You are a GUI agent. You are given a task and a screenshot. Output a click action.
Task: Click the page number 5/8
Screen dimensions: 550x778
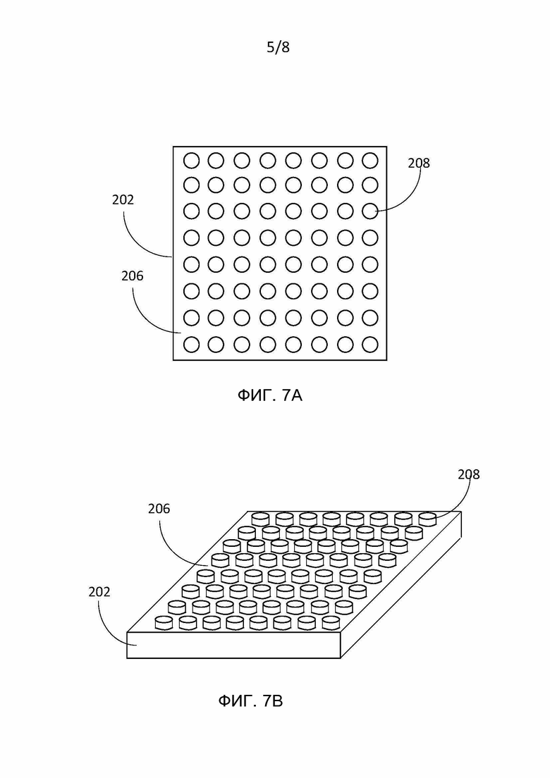[x=278, y=47]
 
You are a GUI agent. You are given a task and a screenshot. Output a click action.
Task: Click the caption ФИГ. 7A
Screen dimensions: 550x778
[x=270, y=395]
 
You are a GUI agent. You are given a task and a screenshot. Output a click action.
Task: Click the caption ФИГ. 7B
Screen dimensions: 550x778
[x=251, y=701]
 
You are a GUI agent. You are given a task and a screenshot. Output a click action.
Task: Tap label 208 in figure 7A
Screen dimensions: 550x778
[x=419, y=163]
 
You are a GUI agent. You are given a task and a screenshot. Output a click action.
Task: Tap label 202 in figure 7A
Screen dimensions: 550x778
[x=123, y=199]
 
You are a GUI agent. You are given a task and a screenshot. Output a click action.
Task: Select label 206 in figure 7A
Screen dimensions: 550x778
[x=133, y=276]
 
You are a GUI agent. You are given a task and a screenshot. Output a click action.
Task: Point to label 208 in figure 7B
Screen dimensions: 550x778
[x=469, y=474]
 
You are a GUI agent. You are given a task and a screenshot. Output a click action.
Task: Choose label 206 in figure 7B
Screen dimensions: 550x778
[x=159, y=509]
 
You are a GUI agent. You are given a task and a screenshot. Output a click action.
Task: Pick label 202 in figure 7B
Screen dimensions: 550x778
[x=99, y=592]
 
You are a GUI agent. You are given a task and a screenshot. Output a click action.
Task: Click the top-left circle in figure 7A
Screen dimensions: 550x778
[x=192, y=161]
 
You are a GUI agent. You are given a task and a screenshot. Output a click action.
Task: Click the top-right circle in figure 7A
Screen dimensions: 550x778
[x=370, y=160]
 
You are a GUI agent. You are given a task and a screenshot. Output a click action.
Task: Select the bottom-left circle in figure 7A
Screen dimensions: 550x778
[x=192, y=345]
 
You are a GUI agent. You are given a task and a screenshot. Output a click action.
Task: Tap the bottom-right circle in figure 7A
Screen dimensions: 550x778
[x=370, y=345]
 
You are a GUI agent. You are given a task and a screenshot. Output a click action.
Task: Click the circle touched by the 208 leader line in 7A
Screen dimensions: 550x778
[x=370, y=211]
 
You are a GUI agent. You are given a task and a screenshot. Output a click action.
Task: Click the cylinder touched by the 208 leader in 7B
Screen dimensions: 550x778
[x=427, y=519]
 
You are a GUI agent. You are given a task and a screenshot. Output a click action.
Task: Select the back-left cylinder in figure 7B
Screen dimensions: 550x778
[x=260, y=519]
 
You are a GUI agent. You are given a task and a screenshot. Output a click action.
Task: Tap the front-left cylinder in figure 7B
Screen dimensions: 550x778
[x=164, y=623]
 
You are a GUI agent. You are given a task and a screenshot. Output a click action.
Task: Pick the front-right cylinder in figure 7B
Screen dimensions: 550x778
[x=331, y=623]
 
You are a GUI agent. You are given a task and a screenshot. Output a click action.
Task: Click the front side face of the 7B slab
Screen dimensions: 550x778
[x=234, y=645]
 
